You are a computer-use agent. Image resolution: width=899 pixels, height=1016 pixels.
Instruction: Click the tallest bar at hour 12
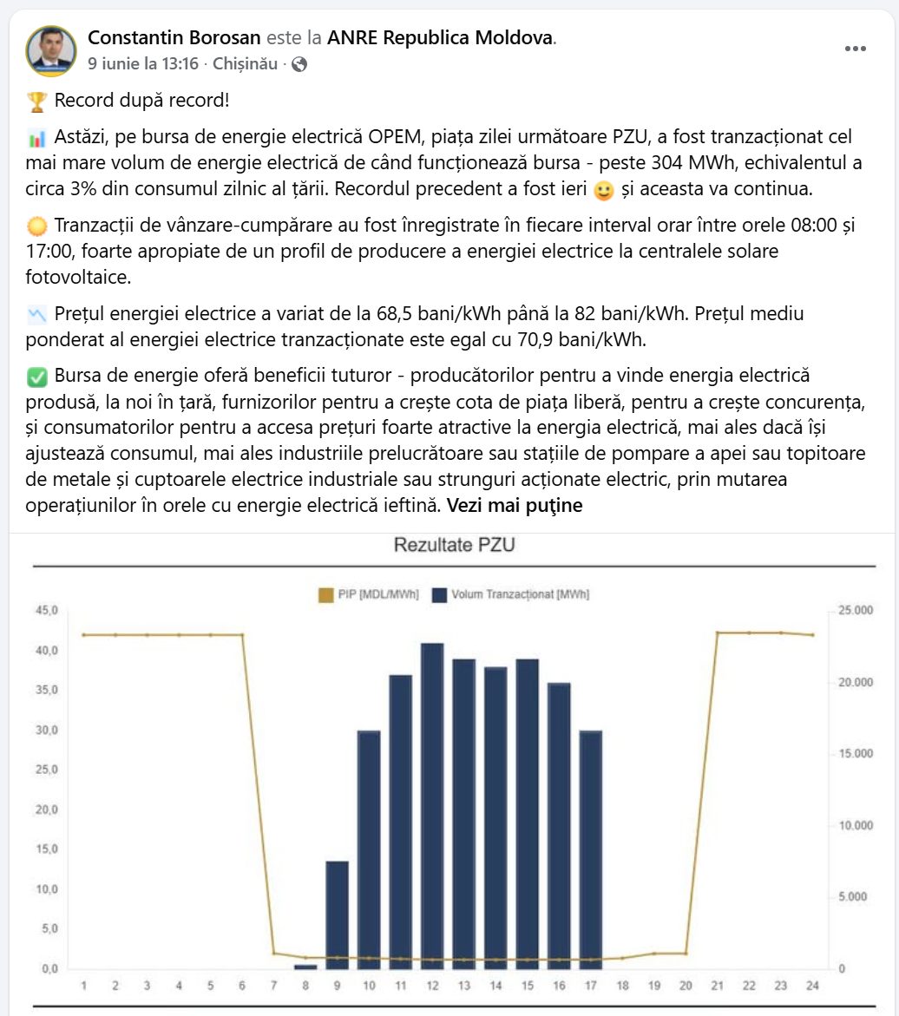tap(432, 806)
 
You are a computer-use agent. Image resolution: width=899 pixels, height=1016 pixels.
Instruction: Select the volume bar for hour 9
tap(337, 914)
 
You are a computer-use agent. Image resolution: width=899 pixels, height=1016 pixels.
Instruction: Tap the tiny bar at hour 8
tap(305, 967)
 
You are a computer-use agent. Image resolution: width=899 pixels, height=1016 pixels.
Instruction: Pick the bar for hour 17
tap(590, 850)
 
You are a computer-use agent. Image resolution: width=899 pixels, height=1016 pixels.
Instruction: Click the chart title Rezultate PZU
tap(455, 545)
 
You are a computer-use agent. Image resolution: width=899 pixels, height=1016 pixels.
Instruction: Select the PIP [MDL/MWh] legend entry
tap(369, 595)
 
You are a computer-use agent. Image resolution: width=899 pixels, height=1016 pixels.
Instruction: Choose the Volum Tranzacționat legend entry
tap(511, 595)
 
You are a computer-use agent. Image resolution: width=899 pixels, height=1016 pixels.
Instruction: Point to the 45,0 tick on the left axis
tap(47, 610)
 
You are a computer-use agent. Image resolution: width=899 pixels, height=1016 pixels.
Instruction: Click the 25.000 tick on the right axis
tap(856, 610)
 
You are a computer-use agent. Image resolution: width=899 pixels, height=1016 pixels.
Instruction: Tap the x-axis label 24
tap(812, 986)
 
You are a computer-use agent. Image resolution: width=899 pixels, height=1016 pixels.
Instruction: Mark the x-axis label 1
tap(83, 986)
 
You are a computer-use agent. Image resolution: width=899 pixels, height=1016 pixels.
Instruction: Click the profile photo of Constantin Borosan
tap(50, 50)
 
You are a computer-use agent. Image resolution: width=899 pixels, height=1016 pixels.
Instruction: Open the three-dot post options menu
tap(856, 49)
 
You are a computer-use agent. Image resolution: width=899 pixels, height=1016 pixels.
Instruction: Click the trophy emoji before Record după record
tap(37, 102)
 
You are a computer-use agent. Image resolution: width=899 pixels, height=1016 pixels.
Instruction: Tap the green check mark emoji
tap(37, 377)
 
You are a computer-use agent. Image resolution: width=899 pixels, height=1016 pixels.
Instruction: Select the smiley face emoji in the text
tap(603, 190)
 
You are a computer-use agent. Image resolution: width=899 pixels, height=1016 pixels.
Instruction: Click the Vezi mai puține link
tap(515, 506)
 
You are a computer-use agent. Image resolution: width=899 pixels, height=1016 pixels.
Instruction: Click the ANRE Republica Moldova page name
tap(440, 37)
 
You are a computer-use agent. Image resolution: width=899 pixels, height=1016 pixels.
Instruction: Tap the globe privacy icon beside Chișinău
tap(299, 64)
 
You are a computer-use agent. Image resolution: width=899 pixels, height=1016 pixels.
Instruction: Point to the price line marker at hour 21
tap(717, 633)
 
